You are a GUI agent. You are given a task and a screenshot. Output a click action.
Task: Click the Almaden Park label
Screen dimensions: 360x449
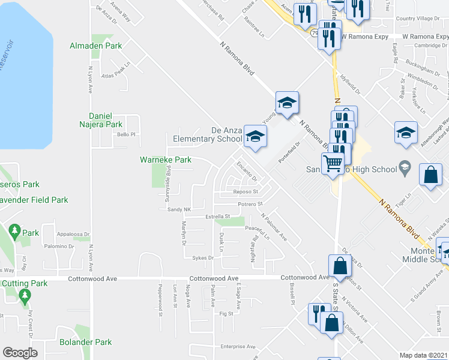[96, 46]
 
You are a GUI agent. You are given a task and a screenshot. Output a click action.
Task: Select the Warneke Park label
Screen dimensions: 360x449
[166, 160]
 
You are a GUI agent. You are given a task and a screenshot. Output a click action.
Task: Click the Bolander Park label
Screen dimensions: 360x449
[86, 343]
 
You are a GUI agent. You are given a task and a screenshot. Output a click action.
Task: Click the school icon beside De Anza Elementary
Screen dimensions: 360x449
[255, 137]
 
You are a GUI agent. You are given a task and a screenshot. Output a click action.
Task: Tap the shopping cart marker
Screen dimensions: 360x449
[332, 161]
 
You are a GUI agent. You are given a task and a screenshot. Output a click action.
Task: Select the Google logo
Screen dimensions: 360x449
[20, 353]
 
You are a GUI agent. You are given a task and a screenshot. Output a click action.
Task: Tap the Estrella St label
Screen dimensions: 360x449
[217, 216]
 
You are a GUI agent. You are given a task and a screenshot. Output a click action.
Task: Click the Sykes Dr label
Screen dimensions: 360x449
[203, 258]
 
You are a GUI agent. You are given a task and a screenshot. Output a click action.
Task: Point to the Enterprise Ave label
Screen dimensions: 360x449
[237, 346]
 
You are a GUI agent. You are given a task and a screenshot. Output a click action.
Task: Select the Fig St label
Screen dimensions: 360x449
[226, 313]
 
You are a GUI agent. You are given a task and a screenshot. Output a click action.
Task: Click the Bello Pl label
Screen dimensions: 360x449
[126, 134]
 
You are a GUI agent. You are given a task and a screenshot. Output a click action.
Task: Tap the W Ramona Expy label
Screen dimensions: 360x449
[364, 36]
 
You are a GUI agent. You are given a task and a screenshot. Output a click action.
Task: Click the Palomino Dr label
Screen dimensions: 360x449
[58, 246]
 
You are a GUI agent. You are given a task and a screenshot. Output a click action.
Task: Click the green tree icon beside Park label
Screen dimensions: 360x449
[14, 230]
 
